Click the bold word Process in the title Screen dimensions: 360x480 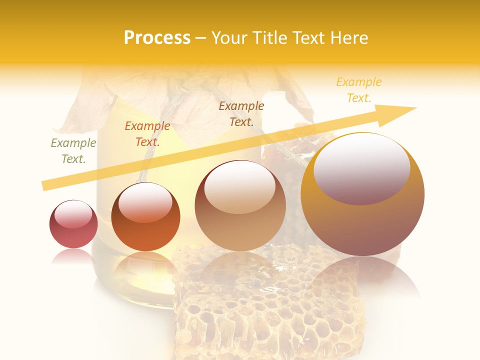coord(157,38)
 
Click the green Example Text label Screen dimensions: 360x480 coord(73,151)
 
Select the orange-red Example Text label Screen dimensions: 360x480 coord(147,134)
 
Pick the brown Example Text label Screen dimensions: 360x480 coord(241,114)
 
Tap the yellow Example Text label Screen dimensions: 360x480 coord(358,90)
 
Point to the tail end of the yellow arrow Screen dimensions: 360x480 coord(46,185)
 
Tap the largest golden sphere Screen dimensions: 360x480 coord(362,220)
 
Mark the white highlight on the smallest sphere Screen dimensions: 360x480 coord(73,214)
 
